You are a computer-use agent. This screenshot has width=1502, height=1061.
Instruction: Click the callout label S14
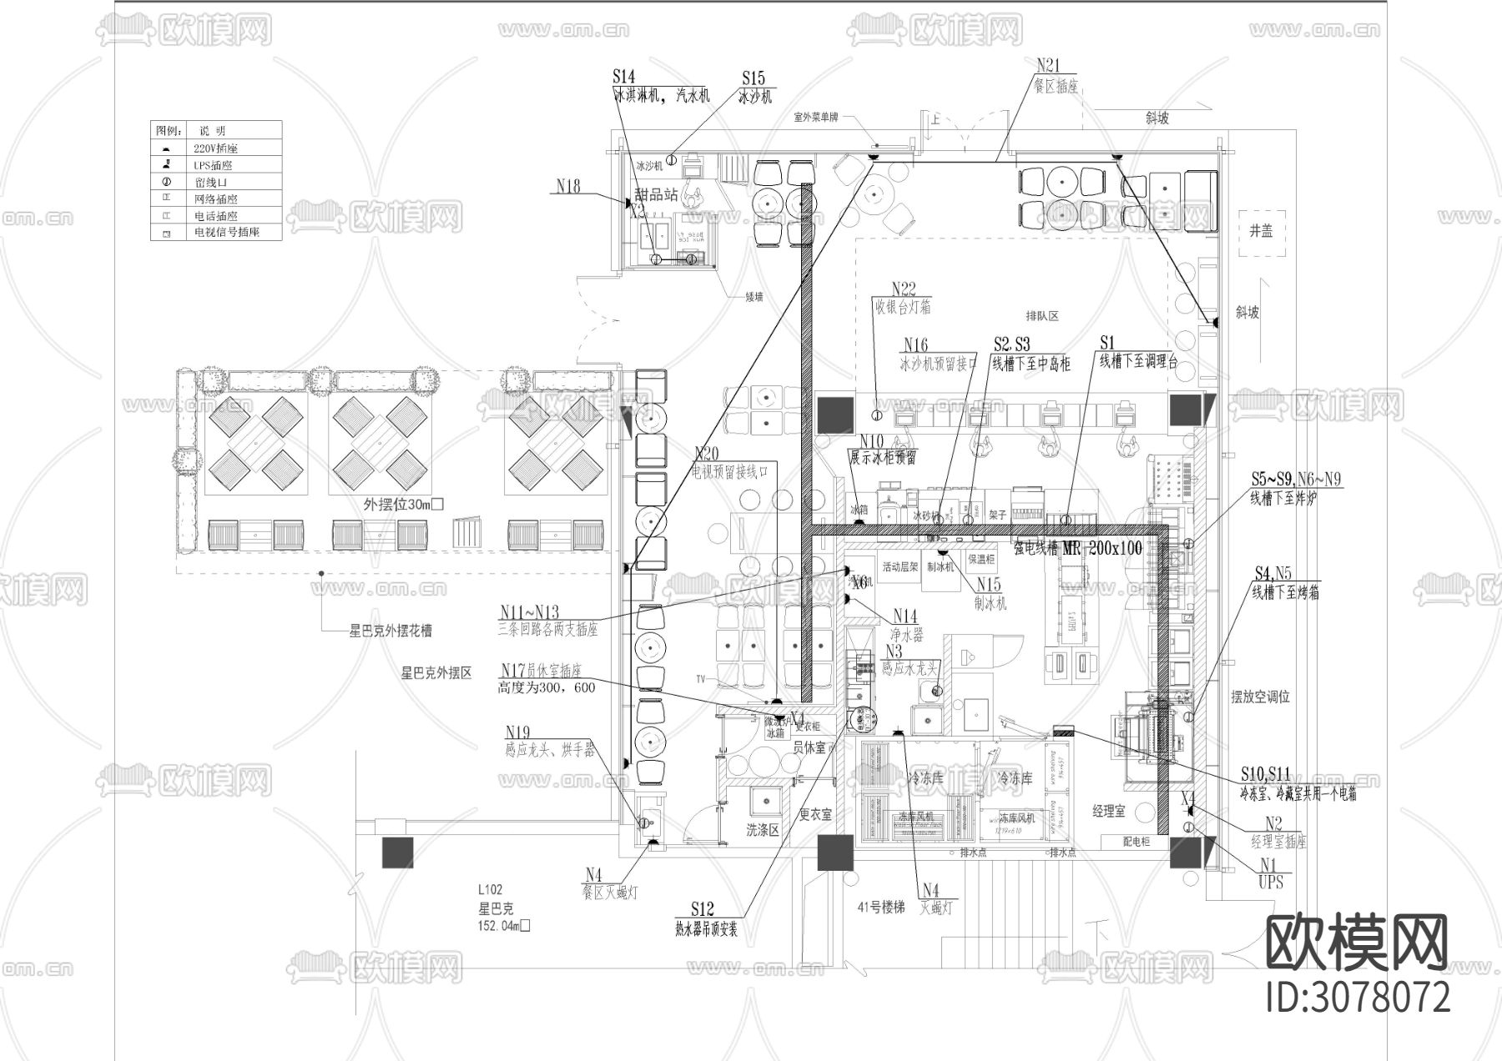(623, 78)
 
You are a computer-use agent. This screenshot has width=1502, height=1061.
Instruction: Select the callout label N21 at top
(1047, 65)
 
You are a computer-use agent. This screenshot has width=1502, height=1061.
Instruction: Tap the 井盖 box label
(1261, 231)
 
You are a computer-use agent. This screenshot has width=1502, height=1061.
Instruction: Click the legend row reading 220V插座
(215, 148)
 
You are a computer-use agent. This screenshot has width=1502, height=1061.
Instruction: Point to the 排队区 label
(1042, 316)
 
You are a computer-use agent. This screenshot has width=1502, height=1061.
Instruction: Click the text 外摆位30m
(403, 505)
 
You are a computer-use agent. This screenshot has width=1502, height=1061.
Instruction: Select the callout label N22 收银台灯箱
(902, 299)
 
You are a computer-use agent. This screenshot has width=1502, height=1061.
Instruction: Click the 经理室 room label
(1109, 810)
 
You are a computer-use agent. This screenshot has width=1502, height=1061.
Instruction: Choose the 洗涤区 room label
(763, 830)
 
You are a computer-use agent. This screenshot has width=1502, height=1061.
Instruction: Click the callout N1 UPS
(1269, 873)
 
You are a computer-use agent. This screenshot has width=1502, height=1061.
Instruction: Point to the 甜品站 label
(657, 194)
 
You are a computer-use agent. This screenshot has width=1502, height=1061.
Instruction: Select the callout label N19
(517, 734)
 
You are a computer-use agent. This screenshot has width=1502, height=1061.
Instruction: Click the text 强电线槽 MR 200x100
(1077, 548)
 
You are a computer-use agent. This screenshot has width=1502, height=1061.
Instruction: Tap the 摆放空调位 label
(1261, 696)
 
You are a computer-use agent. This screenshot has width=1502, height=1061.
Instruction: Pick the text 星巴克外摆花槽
(391, 631)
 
